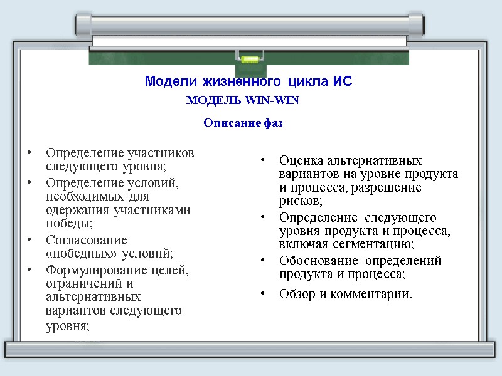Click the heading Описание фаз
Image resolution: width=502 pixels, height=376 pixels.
coord(243,123)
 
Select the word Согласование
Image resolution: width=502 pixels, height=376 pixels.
coord(87,240)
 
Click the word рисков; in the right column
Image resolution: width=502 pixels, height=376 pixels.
coord(301,201)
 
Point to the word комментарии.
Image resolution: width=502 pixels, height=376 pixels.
coord(375,294)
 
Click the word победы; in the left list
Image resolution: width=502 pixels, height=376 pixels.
coord(69,222)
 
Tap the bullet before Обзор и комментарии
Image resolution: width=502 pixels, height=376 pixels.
coord(265,293)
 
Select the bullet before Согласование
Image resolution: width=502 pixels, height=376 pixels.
coord(29,240)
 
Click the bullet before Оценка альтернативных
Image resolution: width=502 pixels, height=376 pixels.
coord(265,160)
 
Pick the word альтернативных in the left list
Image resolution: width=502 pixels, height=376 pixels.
coord(93,296)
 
